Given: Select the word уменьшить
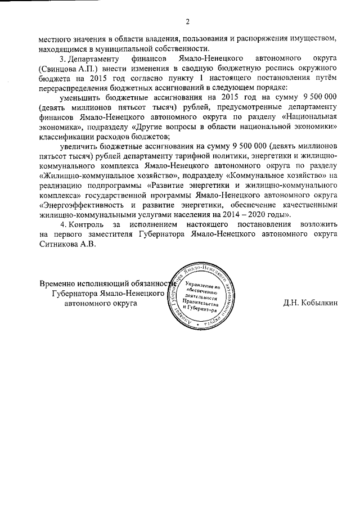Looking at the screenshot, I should click(84, 97).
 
